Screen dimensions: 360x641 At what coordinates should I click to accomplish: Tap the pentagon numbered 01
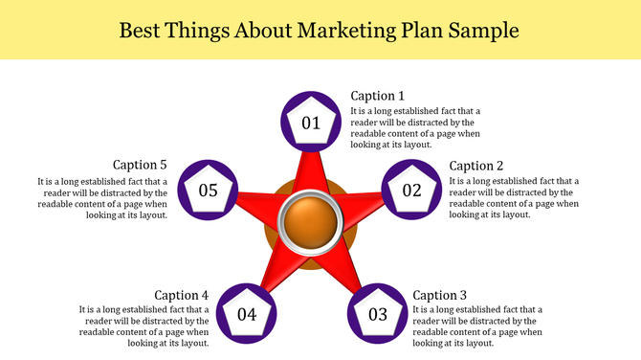click(311, 123)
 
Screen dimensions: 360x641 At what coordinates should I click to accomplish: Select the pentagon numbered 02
click(412, 190)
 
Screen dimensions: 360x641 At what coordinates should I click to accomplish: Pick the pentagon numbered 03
click(378, 314)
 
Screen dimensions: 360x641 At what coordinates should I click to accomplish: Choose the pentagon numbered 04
click(247, 314)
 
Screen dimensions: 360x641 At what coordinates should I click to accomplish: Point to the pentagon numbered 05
click(209, 190)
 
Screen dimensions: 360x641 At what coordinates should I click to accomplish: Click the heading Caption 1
click(377, 96)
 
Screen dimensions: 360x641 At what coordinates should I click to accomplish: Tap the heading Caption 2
click(476, 166)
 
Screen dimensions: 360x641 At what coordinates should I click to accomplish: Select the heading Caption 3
click(440, 295)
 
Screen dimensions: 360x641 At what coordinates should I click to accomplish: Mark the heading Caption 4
click(181, 295)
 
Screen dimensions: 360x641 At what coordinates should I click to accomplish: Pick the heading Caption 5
click(140, 165)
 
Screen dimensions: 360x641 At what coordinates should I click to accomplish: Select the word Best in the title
click(143, 31)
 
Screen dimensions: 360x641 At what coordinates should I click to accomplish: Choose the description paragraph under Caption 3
click(477, 326)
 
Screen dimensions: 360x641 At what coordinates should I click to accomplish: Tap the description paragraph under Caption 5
click(102, 197)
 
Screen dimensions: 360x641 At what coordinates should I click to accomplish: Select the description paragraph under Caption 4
click(144, 326)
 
